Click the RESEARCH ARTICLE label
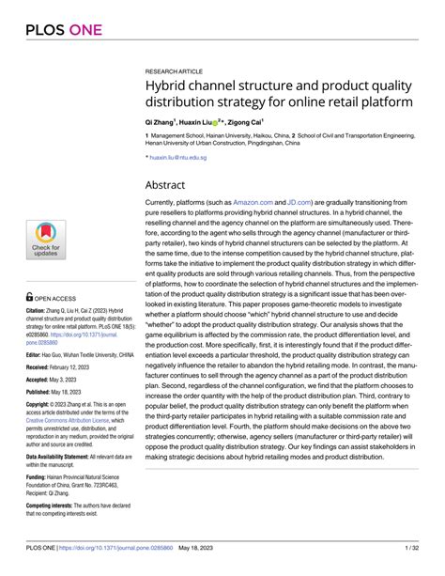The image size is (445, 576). coord(176,70)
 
